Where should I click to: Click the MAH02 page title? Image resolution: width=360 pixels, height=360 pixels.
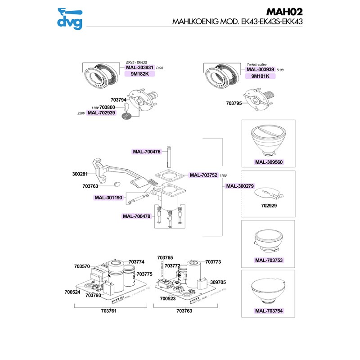pyautogui.click(x=283, y=11)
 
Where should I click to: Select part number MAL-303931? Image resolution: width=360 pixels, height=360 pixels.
pyautogui.click(x=139, y=67)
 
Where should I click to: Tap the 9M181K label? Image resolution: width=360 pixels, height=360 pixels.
pyautogui.click(x=260, y=76)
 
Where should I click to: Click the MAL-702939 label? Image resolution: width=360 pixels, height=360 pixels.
pyautogui.click(x=102, y=113)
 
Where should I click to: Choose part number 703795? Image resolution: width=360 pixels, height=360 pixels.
pyautogui.click(x=234, y=103)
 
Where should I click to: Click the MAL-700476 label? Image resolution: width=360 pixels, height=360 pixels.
pyautogui.click(x=147, y=152)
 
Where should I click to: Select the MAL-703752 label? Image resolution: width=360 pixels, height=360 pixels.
pyautogui.click(x=203, y=175)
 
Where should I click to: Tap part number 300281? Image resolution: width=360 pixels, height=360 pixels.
pyautogui.click(x=81, y=172)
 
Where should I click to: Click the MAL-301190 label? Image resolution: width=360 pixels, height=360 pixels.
pyautogui.click(x=108, y=198)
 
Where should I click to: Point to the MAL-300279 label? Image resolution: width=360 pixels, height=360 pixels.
pyautogui.click(x=240, y=186)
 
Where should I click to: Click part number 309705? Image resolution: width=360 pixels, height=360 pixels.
pyautogui.click(x=218, y=282)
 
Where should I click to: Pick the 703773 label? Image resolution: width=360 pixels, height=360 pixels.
pyautogui.click(x=213, y=261)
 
